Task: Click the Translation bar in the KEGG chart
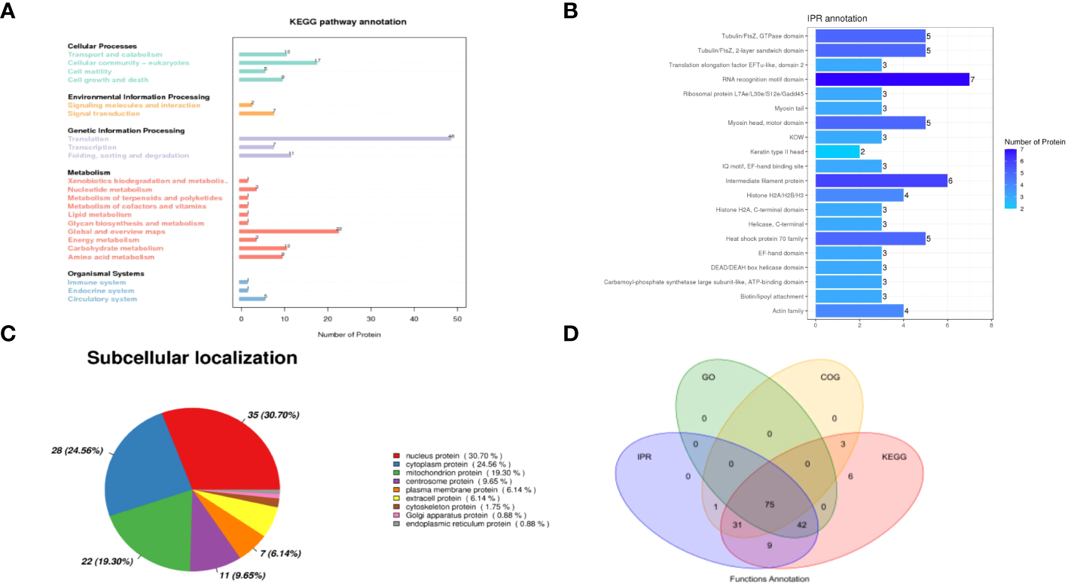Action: (344, 138)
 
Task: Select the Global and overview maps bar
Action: (288, 231)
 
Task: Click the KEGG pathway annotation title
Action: (348, 22)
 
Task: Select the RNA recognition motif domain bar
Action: (892, 79)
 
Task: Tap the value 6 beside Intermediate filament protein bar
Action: (951, 181)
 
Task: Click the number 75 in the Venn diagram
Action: (769, 503)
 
